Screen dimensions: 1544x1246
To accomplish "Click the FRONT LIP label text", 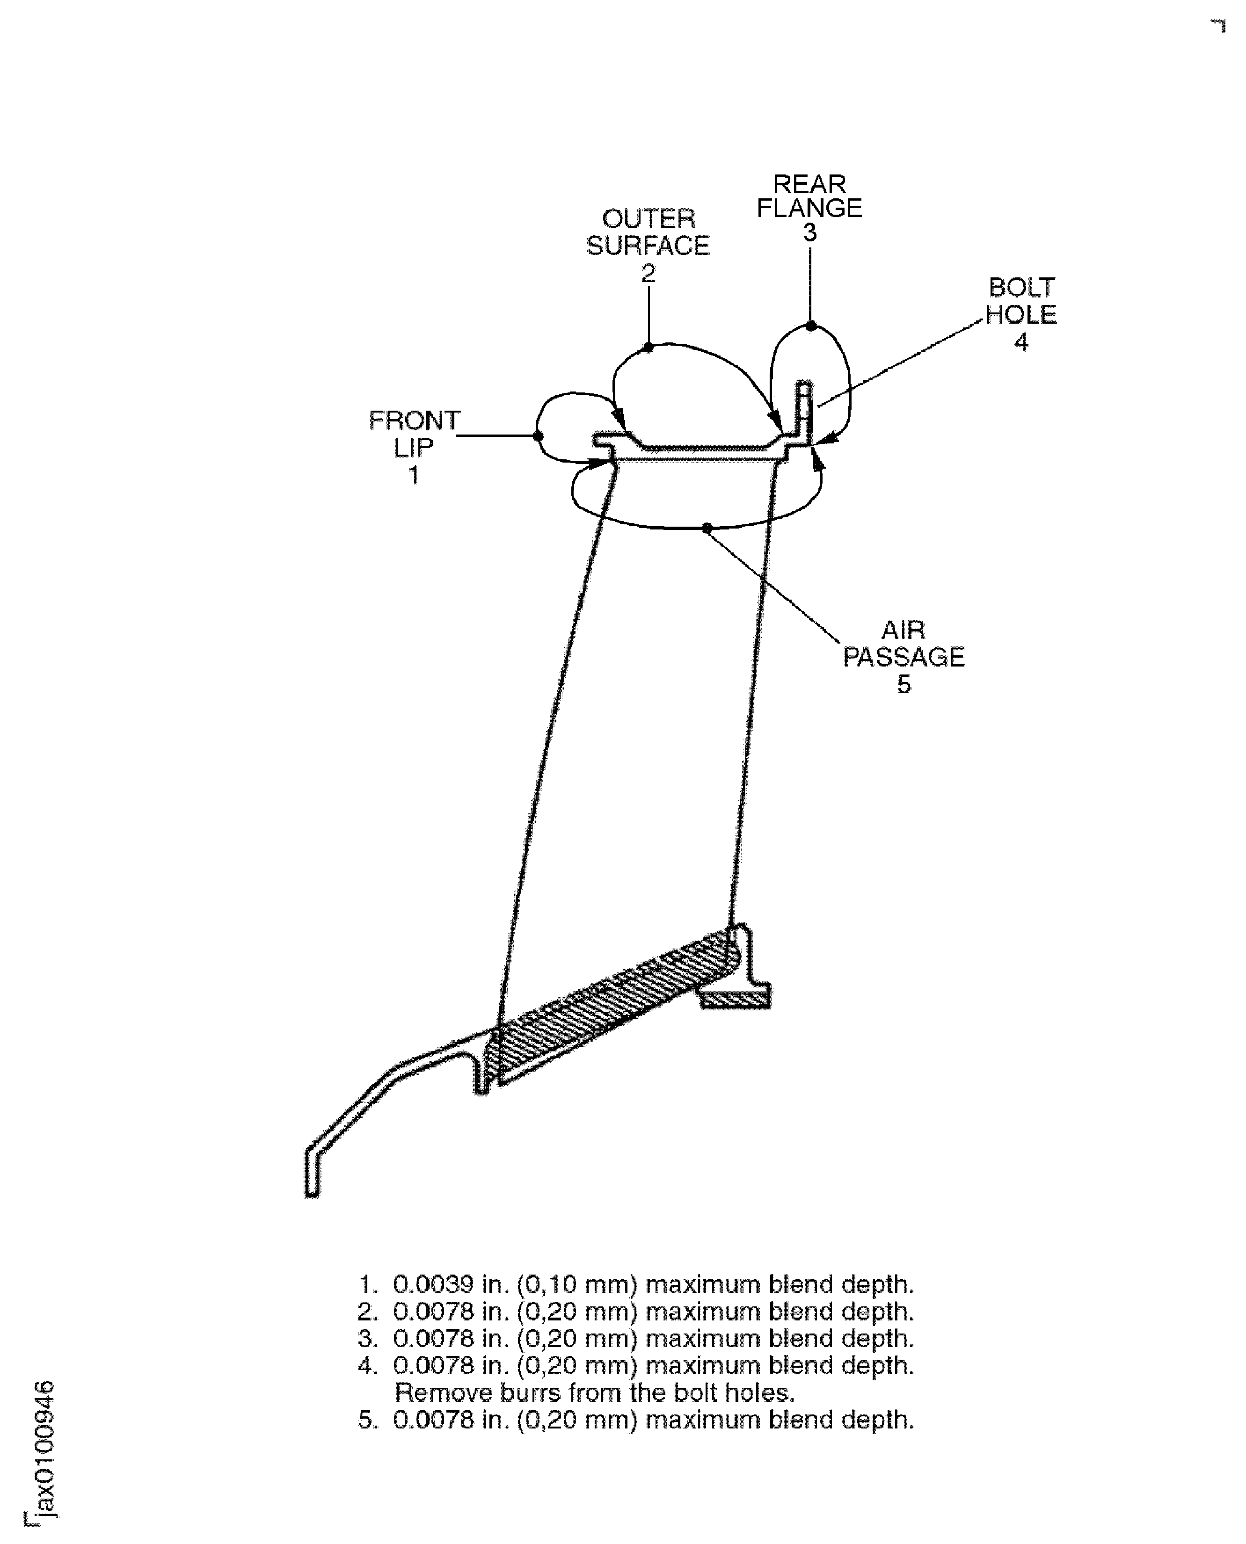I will pyautogui.click(x=414, y=434).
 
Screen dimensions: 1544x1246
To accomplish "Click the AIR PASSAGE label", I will pyautogui.click(x=903, y=644).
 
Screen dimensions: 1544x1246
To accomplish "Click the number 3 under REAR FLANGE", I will pyautogui.click(x=809, y=232).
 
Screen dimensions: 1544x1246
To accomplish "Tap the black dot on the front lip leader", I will pyautogui.click(x=538, y=435).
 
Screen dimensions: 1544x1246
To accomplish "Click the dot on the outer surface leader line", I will pyautogui.click(x=648, y=348).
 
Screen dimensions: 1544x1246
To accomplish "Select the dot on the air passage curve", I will pyautogui.click(x=707, y=528).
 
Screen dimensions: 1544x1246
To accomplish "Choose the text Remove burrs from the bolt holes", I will pyautogui.click(x=595, y=1392).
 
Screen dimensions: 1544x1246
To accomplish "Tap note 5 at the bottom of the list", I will pyautogui.click(x=636, y=1420).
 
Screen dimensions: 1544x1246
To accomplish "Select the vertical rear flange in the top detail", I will pyautogui.click(x=805, y=409).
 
